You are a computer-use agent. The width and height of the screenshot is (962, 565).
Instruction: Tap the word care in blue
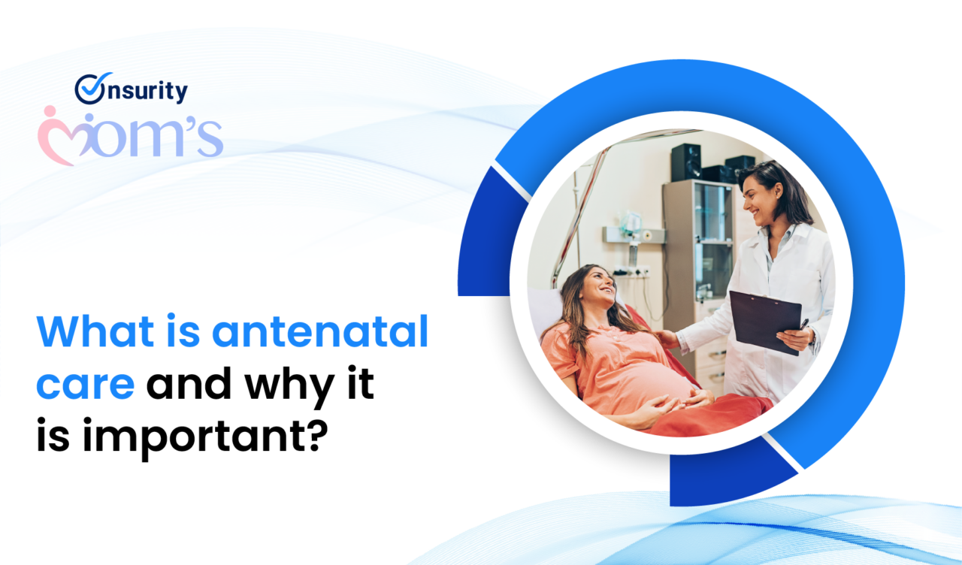pyautogui.click(x=85, y=385)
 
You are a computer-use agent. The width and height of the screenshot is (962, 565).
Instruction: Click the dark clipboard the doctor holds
pyautogui.click(x=759, y=319)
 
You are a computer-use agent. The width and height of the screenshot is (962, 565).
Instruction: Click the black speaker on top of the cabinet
pyautogui.click(x=686, y=162)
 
